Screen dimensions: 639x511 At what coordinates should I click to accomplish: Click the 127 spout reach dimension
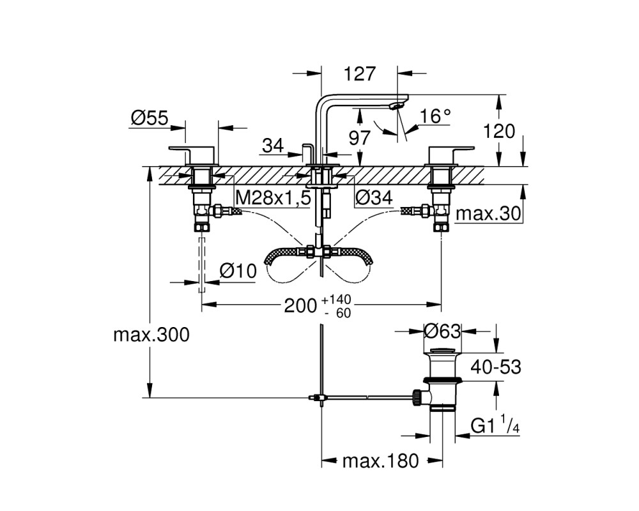point(359,74)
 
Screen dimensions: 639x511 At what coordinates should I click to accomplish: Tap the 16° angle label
point(435,116)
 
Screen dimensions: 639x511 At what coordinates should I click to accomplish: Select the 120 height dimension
point(499,132)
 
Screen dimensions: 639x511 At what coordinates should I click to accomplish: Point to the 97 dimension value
point(359,138)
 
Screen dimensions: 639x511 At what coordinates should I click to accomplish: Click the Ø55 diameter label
point(149,118)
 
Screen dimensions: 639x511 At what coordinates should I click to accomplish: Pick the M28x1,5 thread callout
point(273,199)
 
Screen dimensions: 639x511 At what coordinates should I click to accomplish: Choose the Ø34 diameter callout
point(374,197)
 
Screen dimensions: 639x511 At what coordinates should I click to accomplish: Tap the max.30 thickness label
point(488,213)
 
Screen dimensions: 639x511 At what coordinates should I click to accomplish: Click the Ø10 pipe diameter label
point(238,271)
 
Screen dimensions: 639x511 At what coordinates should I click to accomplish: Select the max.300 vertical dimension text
point(151,335)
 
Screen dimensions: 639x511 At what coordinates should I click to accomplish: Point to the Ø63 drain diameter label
point(442,331)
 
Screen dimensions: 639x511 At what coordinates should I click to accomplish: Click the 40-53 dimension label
point(496,367)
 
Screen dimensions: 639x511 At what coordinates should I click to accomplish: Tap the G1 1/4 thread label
point(495,426)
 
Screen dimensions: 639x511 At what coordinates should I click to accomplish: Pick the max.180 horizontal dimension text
point(381,461)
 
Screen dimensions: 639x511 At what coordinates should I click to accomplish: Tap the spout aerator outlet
point(396,106)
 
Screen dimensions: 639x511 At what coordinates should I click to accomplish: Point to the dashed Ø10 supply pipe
point(202,264)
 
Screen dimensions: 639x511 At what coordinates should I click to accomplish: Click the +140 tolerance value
point(336,300)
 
